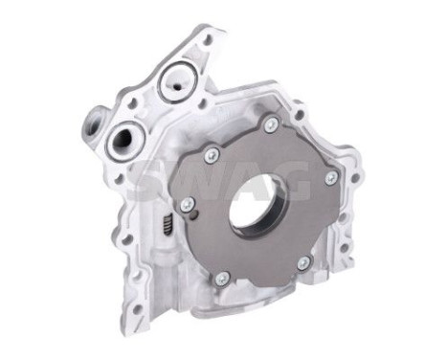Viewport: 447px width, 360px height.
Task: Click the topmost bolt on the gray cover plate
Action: click(x=272, y=124)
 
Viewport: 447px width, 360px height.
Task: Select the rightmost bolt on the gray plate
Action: click(x=331, y=178)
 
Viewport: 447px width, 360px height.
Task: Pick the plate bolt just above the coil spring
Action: click(x=187, y=204)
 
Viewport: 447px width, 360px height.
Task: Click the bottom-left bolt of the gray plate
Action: click(x=221, y=279)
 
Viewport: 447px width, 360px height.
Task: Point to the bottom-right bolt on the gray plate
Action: click(x=302, y=261)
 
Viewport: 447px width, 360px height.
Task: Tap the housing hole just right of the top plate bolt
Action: click(x=299, y=117)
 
